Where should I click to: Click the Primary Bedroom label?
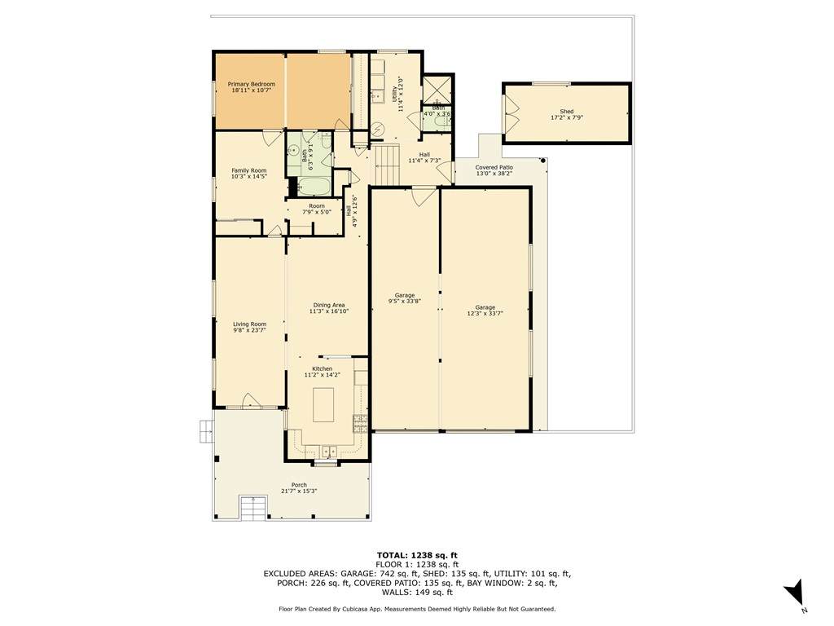[252, 84]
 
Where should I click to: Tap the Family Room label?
[249, 171]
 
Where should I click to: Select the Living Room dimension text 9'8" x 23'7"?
[249, 330]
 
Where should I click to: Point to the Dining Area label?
[329, 305]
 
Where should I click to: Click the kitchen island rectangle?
[323, 405]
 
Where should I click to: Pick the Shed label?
[567, 111]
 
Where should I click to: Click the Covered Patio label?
[494, 167]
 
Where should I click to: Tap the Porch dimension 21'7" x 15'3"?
[299, 492]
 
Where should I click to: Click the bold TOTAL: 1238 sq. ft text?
[417, 555]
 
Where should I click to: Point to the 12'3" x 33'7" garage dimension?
[485, 314]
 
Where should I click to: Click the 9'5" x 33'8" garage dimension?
[405, 302]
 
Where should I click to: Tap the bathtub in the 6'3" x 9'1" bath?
[314, 187]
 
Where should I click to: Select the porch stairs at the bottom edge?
[252, 508]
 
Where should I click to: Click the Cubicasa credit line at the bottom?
[417, 609]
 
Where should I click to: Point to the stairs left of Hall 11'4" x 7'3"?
[386, 164]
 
